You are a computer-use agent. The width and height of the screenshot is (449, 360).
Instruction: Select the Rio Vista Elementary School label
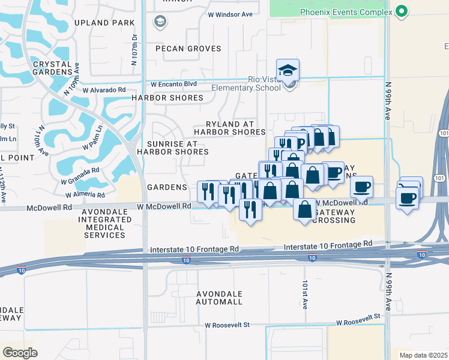click(x=247, y=83)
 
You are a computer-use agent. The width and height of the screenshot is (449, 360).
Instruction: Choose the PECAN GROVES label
click(x=188, y=49)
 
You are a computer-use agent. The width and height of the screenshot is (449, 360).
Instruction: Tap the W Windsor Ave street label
click(x=231, y=14)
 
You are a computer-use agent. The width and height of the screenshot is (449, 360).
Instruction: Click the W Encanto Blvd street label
click(x=174, y=85)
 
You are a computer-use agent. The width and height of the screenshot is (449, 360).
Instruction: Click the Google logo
click(x=20, y=352)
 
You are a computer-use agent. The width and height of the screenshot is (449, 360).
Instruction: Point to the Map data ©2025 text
click(x=423, y=355)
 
